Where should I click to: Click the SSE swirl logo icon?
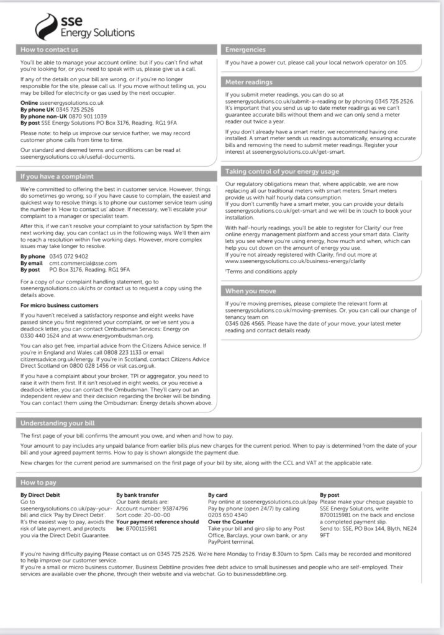point(47,27)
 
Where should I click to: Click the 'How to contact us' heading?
point(50,50)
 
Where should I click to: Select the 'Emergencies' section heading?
point(245,50)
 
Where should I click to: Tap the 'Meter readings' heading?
point(249,82)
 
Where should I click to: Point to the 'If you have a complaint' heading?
point(57,177)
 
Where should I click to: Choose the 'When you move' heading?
point(251,291)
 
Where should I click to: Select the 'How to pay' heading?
point(39,482)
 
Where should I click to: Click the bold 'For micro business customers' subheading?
point(60,305)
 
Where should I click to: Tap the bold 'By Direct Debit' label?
point(41,495)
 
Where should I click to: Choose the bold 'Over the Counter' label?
point(231,522)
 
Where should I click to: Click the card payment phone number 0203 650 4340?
point(230,515)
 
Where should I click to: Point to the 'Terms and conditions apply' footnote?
point(261,271)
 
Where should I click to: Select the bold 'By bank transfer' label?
point(137,495)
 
